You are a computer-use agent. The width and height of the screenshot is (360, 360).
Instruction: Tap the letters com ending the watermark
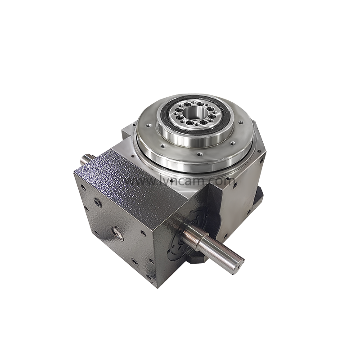tap(220, 181)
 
